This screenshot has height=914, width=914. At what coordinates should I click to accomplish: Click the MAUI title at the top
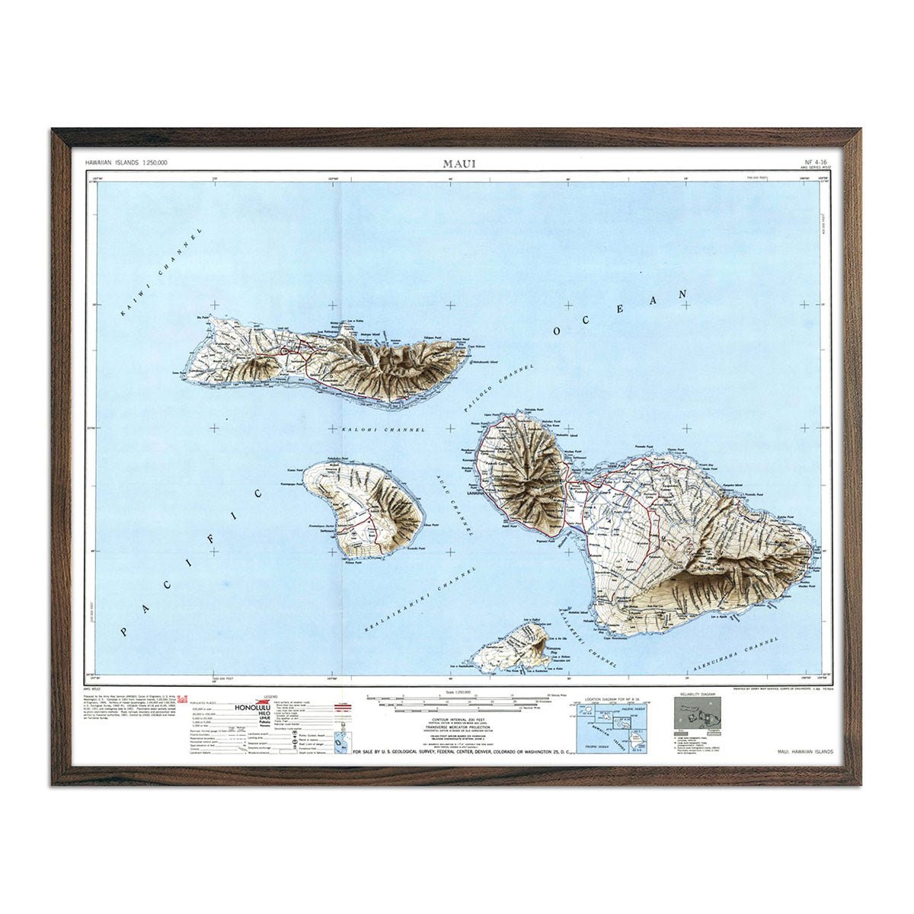pos(456,163)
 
